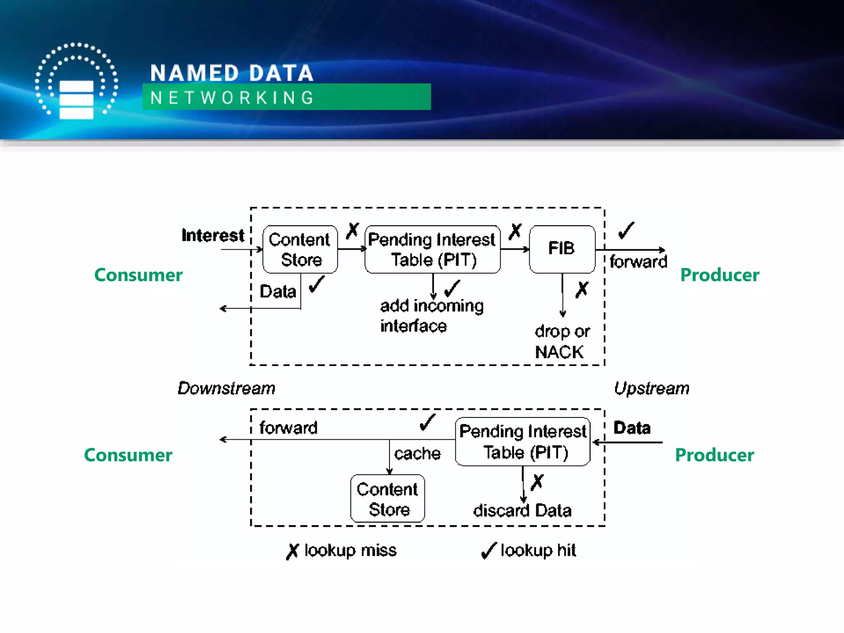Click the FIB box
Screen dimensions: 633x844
[562, 249]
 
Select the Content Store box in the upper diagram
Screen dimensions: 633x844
[300, 249]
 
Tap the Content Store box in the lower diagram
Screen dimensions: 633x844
[387, 499]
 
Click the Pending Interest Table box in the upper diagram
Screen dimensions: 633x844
[432, 249]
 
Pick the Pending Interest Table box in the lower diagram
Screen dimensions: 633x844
[523, 441]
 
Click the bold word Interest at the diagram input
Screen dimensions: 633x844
[213, 235]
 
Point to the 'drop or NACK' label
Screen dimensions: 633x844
[562, 342]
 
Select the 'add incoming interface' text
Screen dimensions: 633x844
[431, 316]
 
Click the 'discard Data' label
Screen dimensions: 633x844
[522, 511]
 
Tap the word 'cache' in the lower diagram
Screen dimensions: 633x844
[417, 453]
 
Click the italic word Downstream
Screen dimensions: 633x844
[226, 388]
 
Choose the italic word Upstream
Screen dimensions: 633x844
[652, 388]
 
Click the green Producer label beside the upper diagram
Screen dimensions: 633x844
[720, 275]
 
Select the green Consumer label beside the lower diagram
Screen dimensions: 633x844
[128, 455]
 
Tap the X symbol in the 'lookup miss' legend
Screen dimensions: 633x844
[292, 551]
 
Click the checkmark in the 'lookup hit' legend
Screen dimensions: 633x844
[488, 551]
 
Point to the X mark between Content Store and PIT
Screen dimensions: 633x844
[352, 231]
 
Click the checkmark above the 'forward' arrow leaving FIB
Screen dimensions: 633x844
[626, 230]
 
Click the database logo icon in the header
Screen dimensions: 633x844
[76, 82]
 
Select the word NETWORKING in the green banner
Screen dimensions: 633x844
[232, 98]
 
